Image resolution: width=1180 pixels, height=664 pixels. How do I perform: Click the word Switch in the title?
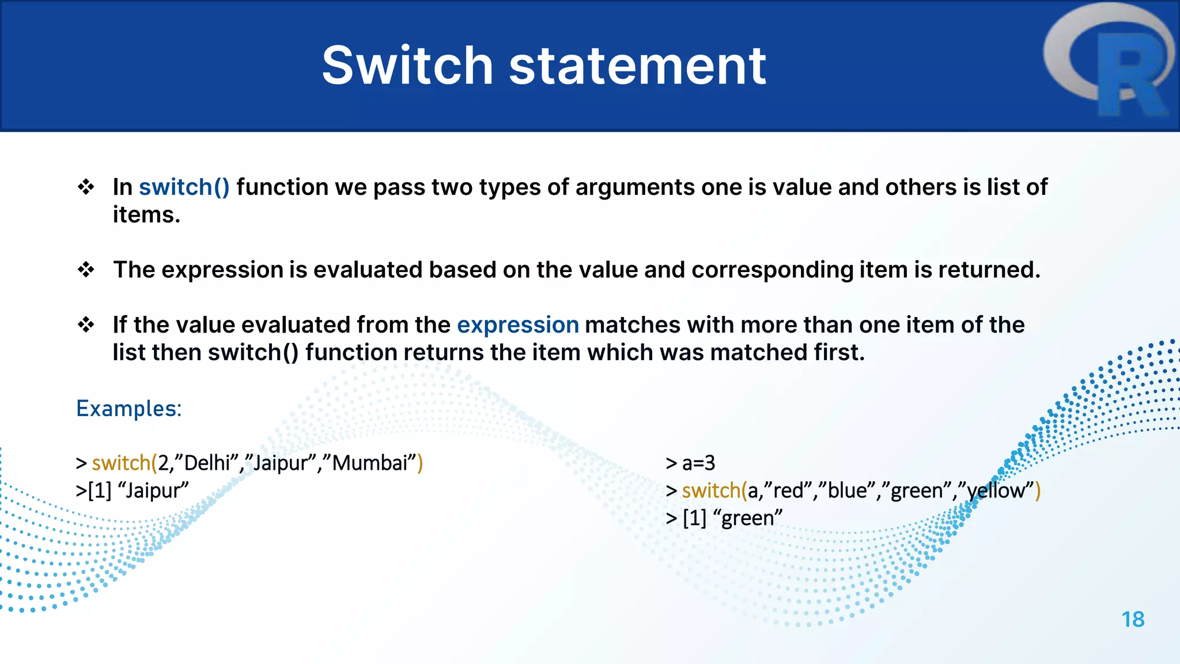pyautogui.click(x=407, y=66)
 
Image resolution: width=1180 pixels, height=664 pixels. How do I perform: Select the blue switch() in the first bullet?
pyautogui.click(x=184, y=187)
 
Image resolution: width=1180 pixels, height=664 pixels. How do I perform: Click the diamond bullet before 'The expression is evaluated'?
pyautogui.click(x=86, y=269)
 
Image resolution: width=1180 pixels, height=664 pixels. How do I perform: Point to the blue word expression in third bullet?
pyautogui.click(x=517, y=325)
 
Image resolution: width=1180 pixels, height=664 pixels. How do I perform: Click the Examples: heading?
pyautogui.click(x=128, y=409)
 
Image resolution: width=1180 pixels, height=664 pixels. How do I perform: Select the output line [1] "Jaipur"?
pyautogui.click(x=133, y=491)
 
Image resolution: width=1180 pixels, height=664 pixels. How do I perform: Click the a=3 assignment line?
pyautogui.click(x=698, y=463)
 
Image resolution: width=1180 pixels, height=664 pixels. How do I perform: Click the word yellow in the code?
pyautogui.click(x=996, y=491)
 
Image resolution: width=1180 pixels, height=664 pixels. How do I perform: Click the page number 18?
pyautogui.click(x=1132, y=620)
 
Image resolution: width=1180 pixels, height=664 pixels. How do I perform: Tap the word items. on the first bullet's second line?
pyautogui.click(x=146, y=215)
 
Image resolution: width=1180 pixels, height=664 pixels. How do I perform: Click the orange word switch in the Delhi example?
pyautogui.click(x=121, y=463)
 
